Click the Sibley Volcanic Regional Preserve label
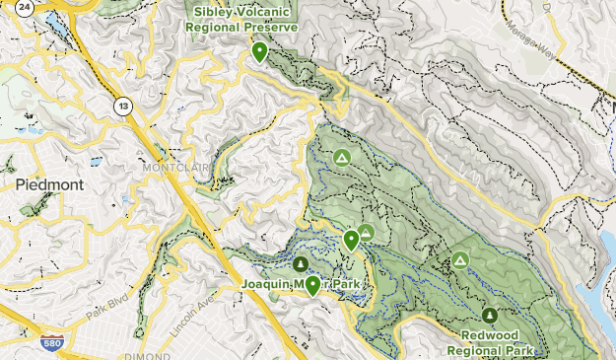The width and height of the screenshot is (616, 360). pos(244,19)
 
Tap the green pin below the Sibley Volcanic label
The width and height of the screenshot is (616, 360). pos(260,51)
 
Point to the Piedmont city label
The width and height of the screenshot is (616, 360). pos(49,184)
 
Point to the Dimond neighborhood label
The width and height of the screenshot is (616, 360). pos(148,355)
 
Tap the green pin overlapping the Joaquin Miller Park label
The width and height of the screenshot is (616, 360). pos(313,285)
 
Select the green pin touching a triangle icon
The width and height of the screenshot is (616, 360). pos(351,239)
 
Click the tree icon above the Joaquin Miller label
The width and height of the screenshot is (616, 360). pos(301,262)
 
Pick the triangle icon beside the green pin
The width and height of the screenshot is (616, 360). pos(366,233)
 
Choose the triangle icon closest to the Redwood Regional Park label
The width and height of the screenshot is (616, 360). pos(459,260)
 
